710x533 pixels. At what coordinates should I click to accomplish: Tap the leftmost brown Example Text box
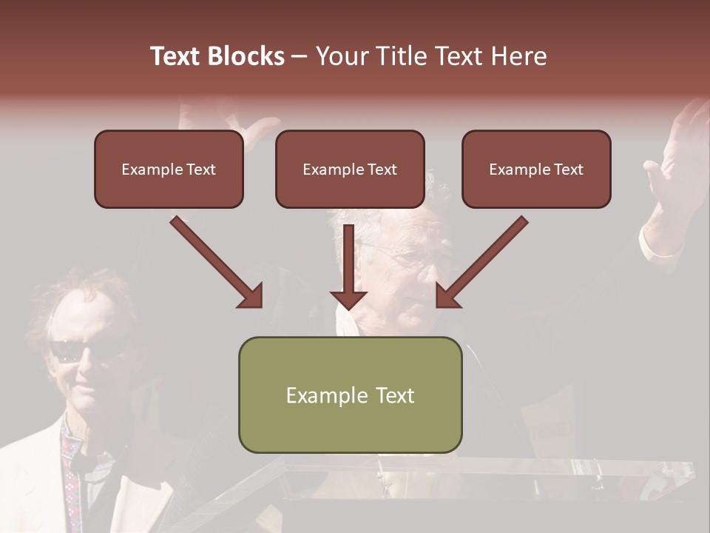(169, 170)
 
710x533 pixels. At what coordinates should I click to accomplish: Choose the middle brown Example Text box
(350, 170)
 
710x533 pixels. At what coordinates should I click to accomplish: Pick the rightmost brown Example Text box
(536, 170)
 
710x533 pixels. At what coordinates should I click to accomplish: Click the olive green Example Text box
(350, 395)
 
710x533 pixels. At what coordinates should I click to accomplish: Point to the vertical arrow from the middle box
(348, 266)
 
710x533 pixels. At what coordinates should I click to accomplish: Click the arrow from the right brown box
(481, 263)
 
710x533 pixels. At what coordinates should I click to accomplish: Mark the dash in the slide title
(300, 56)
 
